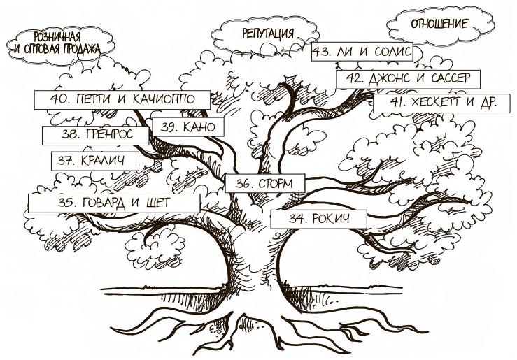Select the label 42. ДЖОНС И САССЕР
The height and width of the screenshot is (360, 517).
click(409, 78)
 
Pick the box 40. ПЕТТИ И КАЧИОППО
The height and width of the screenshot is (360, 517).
click(122, 99)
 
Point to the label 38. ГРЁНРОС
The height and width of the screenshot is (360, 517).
click(96, 134)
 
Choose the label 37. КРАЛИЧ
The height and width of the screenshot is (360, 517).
click(94, 160)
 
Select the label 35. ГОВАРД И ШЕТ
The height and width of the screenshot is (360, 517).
click(113, 203)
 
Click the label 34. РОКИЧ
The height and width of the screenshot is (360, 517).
click(318, 218)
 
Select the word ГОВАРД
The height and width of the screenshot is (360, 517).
click(102, 203)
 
